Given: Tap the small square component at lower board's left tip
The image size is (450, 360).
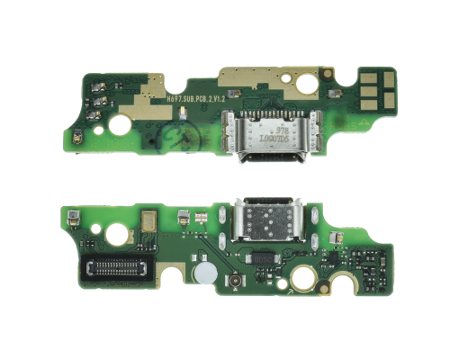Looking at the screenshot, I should tap(69, 220).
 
